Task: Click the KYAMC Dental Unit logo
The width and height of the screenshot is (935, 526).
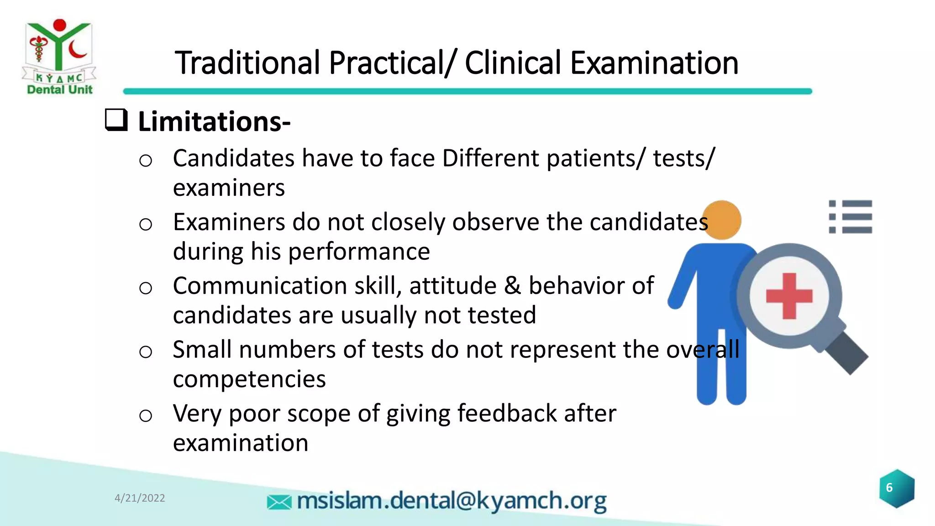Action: pyautogui.click(x=59, y=57)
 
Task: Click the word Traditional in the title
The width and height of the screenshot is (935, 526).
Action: pyautogui.click(x=247, y=63)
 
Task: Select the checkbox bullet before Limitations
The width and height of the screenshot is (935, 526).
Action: pyautogui.click(x=116, y=120)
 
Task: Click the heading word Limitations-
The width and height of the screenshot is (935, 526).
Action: pyautogui.click(x=214, y=122)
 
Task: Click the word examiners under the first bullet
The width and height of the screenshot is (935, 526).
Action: pyautogui.click(x=229, y=188)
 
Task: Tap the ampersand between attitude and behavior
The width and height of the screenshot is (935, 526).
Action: pyautogui.click(x=512, y=286)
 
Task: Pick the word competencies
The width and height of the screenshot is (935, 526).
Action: pyautogui.click(x=249, y=379)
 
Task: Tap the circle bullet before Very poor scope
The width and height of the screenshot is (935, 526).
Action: pyautogui.click(x=146, y=416)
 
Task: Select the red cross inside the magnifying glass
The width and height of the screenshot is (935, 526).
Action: pyautogui.click(x=789, y=296)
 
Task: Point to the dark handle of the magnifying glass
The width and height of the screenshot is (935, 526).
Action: pyautogui.click(x=846, y=352)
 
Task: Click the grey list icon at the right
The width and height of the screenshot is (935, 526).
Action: pyautogui.click(x=850, y=217)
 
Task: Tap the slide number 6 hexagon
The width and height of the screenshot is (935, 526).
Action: pyautogui.click(x=896, y=488)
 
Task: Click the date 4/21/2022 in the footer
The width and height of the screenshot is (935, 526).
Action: pyautogui.click(x=140, y=498)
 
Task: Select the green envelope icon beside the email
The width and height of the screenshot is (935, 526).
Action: pyautogui.click(x=279, y=502)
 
